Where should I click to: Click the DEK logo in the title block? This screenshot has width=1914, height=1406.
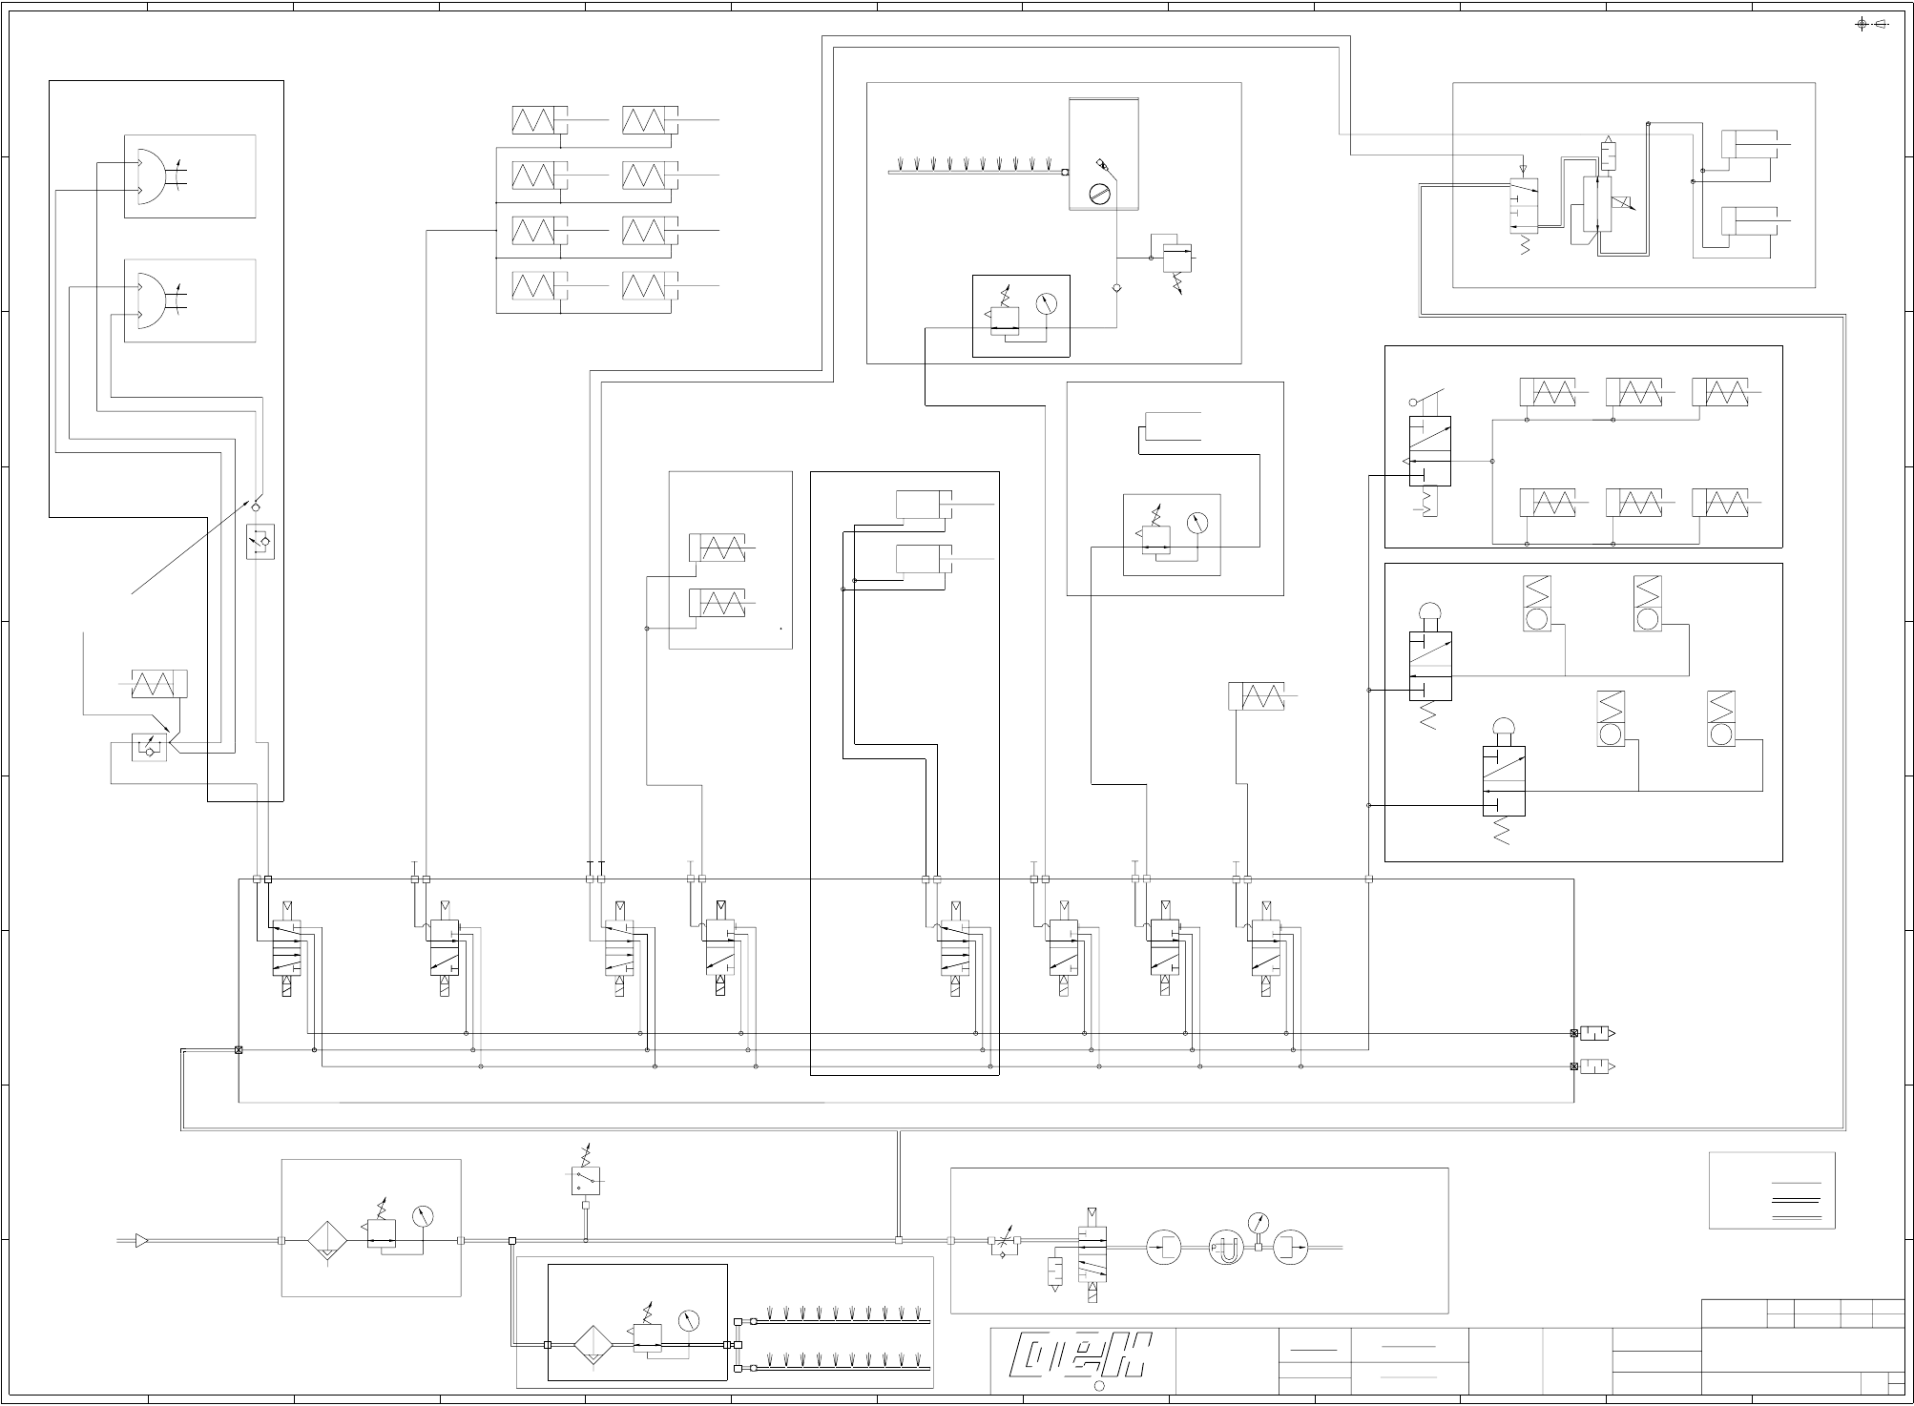1082,1361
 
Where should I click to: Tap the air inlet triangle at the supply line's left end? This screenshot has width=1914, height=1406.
141,1240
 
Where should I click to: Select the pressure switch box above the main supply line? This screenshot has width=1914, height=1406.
585,1181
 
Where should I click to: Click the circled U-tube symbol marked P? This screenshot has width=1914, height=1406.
1225,1248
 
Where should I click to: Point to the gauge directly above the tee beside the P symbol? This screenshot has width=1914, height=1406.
1259,1222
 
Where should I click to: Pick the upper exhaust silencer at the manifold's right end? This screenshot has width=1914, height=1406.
1594,1033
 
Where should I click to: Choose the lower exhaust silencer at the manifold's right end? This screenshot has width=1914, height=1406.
1594,1066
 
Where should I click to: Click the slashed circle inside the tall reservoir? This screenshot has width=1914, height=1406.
1100,195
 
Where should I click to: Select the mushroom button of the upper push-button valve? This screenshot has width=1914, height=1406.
1430,614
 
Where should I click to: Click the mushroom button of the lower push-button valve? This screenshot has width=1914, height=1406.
1503,729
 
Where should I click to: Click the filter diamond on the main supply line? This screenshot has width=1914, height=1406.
325,1241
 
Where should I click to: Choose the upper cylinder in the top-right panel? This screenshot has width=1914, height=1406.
1749,144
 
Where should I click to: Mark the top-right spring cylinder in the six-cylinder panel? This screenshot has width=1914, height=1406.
1720,392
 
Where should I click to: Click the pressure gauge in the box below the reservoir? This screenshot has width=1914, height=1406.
1047,304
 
